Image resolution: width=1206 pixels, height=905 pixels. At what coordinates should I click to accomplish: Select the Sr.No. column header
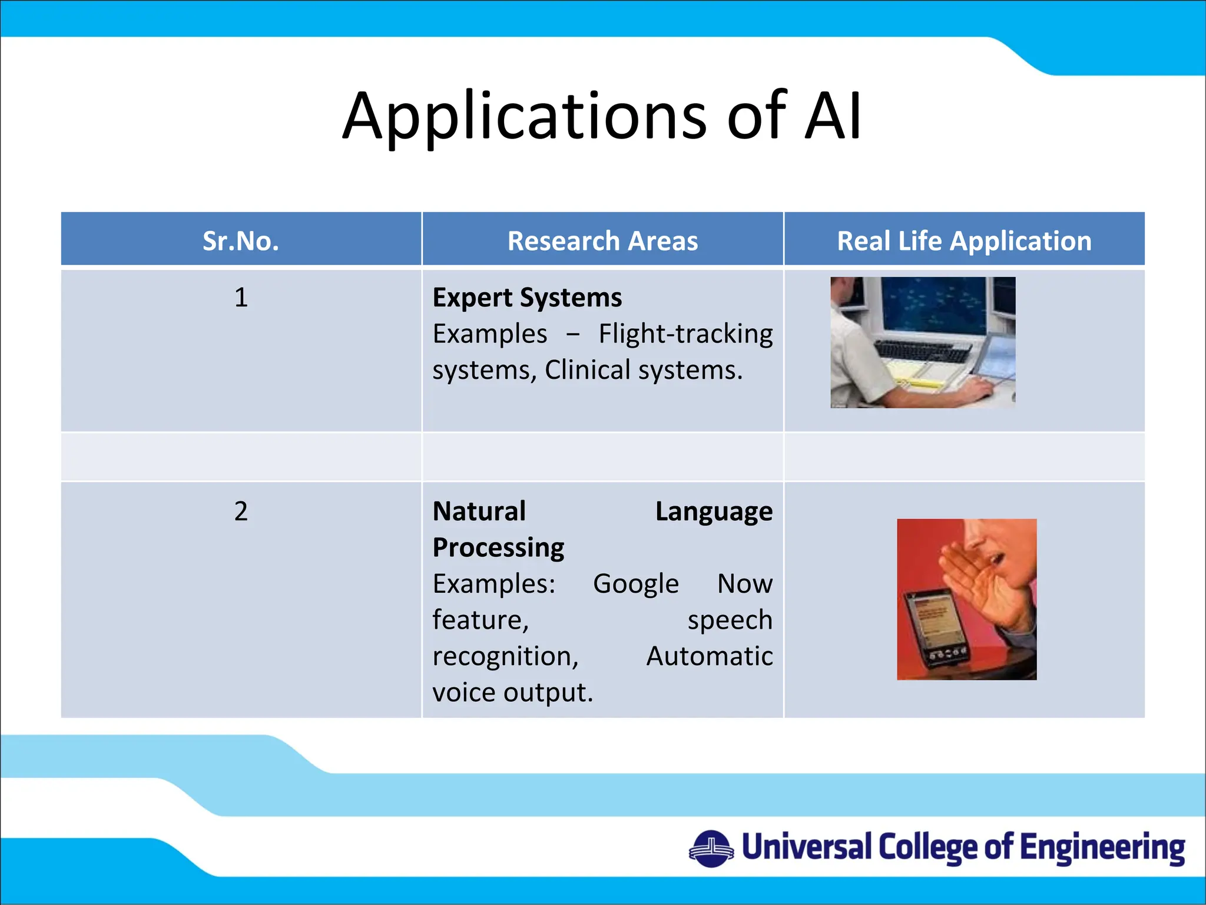(241, 241)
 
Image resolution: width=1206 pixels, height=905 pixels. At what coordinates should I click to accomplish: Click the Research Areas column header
(602, 241)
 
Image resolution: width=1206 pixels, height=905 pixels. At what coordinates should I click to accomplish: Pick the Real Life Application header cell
(964, 241)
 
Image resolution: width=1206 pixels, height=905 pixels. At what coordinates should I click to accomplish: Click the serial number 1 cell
(241, 297)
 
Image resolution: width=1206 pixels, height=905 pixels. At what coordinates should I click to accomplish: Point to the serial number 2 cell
(241, 511)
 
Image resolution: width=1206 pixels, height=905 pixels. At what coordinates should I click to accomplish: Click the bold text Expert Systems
(527, 297)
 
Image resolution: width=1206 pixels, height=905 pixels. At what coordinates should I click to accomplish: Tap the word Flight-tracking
(685, 334)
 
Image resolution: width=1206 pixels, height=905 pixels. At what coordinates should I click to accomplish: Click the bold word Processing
(498, 547)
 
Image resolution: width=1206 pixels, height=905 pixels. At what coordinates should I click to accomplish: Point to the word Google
(635, 584)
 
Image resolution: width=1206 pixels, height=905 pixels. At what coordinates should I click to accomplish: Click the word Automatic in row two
(709, 656)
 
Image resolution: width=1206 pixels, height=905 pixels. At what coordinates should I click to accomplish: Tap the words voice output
(512, 692)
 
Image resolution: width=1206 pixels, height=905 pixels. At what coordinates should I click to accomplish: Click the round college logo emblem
(711, 848)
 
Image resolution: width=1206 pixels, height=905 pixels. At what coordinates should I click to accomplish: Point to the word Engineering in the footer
(1102, 848)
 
